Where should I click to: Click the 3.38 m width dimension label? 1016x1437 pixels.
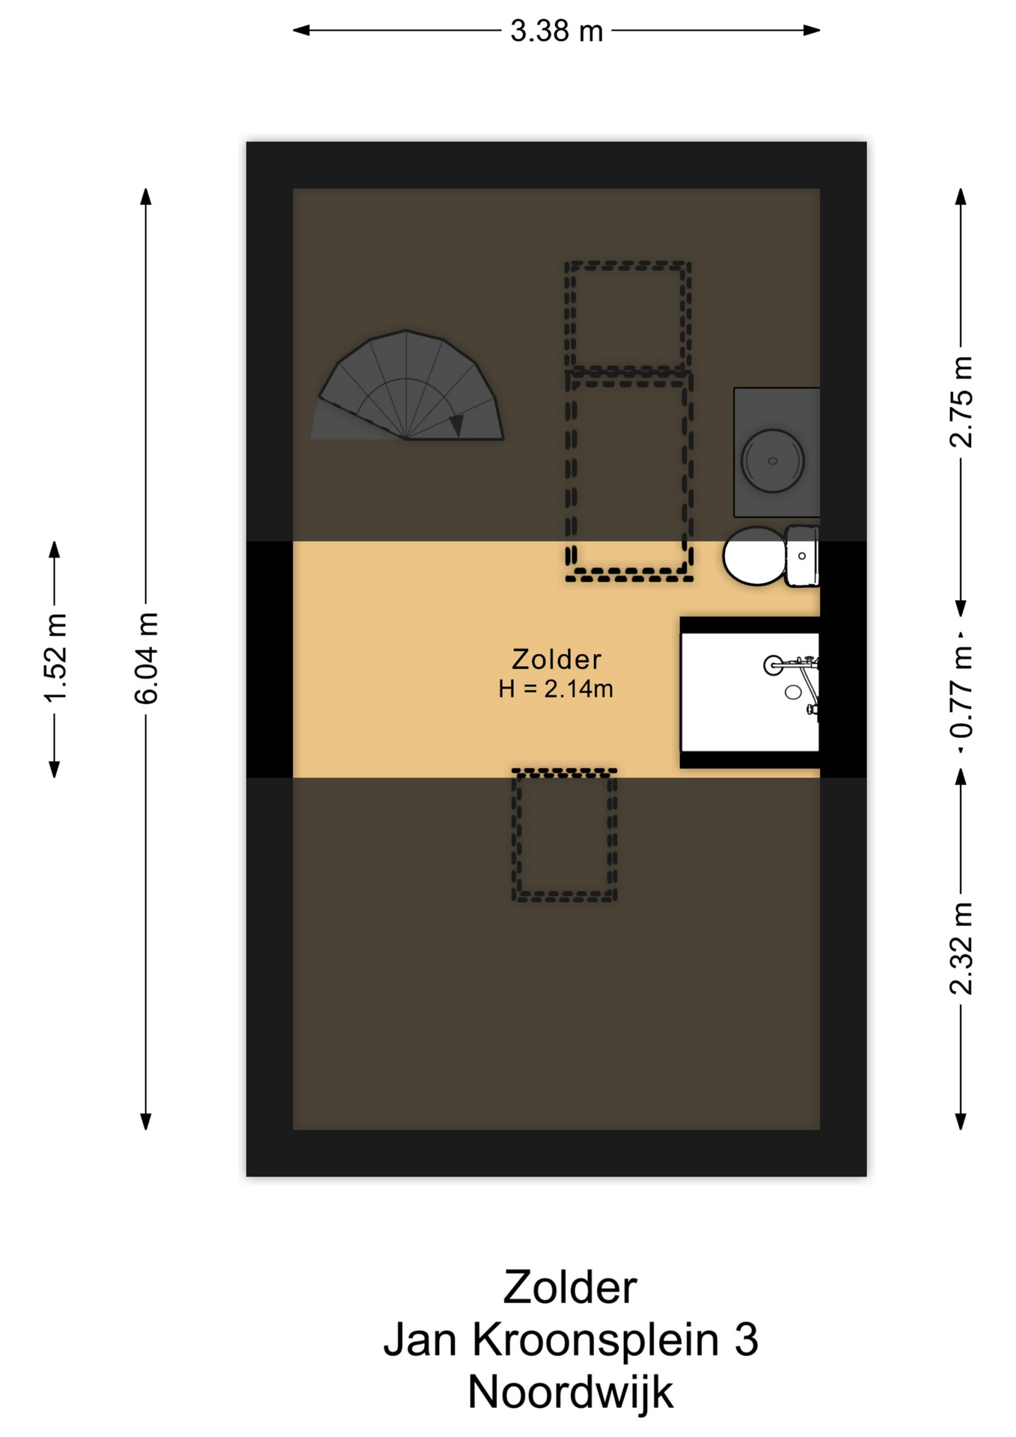[557, 31]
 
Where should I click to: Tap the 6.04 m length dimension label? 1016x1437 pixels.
[147, 658]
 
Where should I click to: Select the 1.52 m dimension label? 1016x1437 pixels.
[55, 658]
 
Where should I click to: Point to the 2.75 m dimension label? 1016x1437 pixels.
[961, 402]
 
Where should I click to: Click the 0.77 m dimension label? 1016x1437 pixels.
[961, 692]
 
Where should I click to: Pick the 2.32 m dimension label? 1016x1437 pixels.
[961, 948]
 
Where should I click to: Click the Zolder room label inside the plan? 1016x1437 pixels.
[557, 659]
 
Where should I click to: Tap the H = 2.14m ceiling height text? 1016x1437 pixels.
[556, 689]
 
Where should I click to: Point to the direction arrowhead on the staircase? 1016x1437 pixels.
[456, 424]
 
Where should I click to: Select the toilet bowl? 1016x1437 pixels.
[754, 555]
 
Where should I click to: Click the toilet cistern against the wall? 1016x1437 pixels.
[802, 556]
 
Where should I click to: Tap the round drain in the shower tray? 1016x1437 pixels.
[793, 692]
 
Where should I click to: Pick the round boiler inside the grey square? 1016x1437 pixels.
[773, 461]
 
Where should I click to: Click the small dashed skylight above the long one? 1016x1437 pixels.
[628, 317]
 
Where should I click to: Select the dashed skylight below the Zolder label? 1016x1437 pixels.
[565, 835]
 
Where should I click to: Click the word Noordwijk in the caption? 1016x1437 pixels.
[571, 1393]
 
